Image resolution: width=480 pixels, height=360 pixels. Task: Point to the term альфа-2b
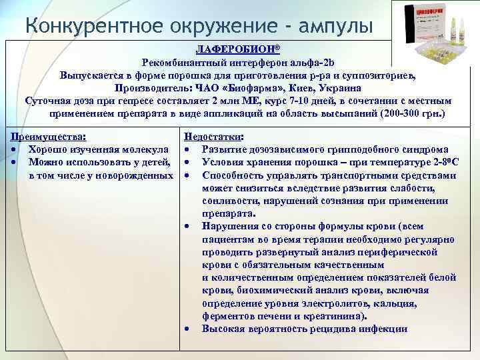click(313, 63)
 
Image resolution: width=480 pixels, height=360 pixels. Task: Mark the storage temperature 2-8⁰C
click(441, 162)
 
